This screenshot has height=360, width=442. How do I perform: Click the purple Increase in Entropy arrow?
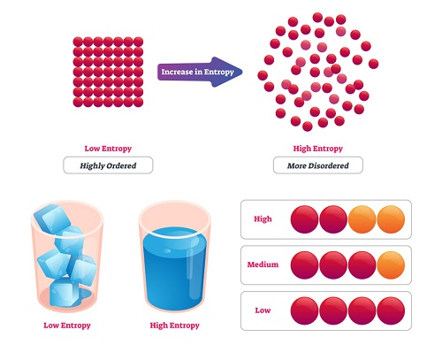point(200,72)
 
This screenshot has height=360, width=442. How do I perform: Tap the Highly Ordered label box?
point(108,165)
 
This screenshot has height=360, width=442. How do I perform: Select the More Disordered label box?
point(318,165)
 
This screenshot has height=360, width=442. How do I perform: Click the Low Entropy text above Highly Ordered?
point(108,149)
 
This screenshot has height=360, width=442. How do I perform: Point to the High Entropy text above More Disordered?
point(318,149)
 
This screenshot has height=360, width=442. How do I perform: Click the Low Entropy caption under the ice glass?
point(67,326)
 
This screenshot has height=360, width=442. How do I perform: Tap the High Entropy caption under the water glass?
point(175,326)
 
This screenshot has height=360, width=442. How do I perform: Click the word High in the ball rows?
point(263,218)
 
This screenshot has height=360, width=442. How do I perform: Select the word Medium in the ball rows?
point(263,264)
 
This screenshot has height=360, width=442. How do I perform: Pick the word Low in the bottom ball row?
point(263,310)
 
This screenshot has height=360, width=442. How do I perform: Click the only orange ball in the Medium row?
point(391,265)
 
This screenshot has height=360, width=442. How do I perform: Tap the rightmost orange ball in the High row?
point(391,219)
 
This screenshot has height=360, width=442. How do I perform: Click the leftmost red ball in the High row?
point(305,219)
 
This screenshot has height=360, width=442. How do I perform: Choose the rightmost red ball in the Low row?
point(391,310)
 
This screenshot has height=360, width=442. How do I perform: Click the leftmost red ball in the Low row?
point(305,310)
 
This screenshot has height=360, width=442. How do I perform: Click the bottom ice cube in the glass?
point(64,293)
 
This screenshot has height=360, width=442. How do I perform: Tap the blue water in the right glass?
point(174,268)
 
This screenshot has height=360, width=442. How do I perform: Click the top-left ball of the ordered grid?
point(78,42)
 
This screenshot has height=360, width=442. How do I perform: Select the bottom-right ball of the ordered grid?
point(138,102)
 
